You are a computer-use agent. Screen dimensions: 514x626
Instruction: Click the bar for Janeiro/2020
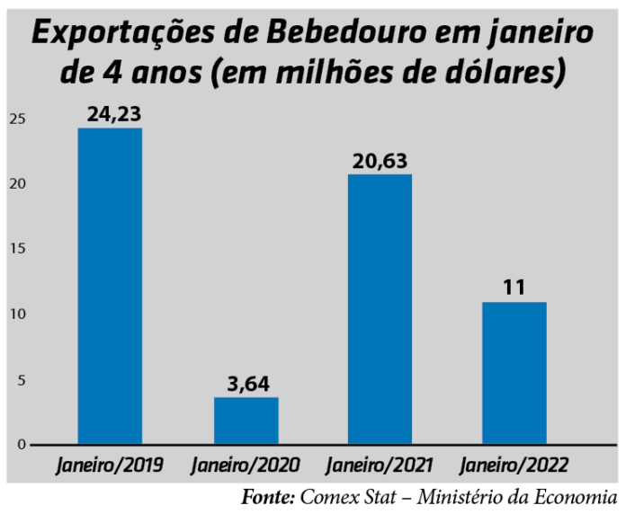click(246, 421)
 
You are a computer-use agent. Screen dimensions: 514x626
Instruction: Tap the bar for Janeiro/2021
click(380, 309)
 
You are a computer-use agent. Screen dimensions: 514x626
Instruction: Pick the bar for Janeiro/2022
click(514, 373)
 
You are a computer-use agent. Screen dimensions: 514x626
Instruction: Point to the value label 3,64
click(246, 384)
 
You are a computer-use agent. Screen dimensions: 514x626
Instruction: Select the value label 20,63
click(380, 161)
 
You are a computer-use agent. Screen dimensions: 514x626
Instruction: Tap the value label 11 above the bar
click(514, 288)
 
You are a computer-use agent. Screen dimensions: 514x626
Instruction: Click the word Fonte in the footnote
click(267, 496)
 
